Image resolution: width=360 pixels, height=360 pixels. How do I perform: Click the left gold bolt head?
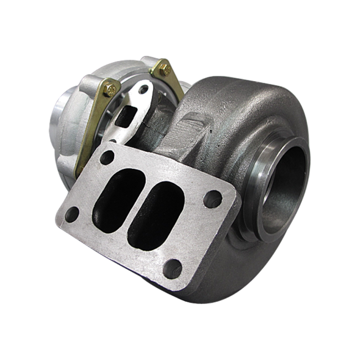[110, 88]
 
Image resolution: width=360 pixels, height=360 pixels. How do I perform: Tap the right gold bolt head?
[164, 70]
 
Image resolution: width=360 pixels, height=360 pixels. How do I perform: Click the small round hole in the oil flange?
[146, 89]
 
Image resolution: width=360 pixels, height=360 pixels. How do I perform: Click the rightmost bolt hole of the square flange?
[213, 198]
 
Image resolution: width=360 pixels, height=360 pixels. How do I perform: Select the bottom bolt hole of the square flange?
[173, 268]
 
